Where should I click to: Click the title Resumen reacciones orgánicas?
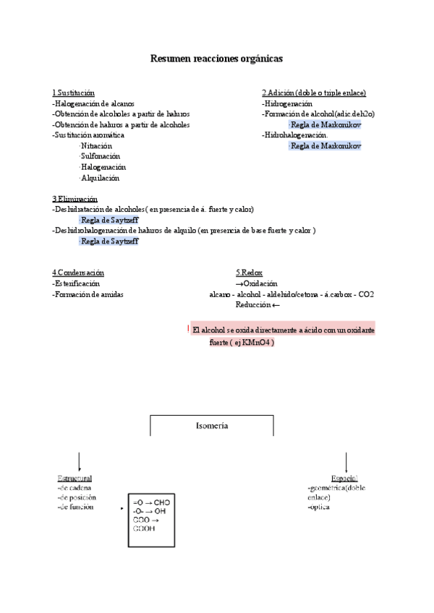click(x=216, y=58)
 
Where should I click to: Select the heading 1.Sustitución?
click(x=73, y=93)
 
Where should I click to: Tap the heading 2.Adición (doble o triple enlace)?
click(x=313, y=93)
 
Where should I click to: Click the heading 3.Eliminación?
click(x=75, y=199)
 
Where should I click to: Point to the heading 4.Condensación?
click(x=78, y=273)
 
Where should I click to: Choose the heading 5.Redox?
click(x=249, y=273)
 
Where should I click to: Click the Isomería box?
click(x=212, y=426)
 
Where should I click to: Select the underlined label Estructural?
click(x=75, y=479)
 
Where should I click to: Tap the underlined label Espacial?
click(x=344, y=479)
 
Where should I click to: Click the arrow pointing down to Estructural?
click(x=79, y=460)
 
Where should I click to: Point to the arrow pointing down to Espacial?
click(x=346, y=460)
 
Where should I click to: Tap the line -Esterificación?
click(x=77, y=284)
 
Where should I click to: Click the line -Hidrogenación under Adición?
click(x=287, y=104)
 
